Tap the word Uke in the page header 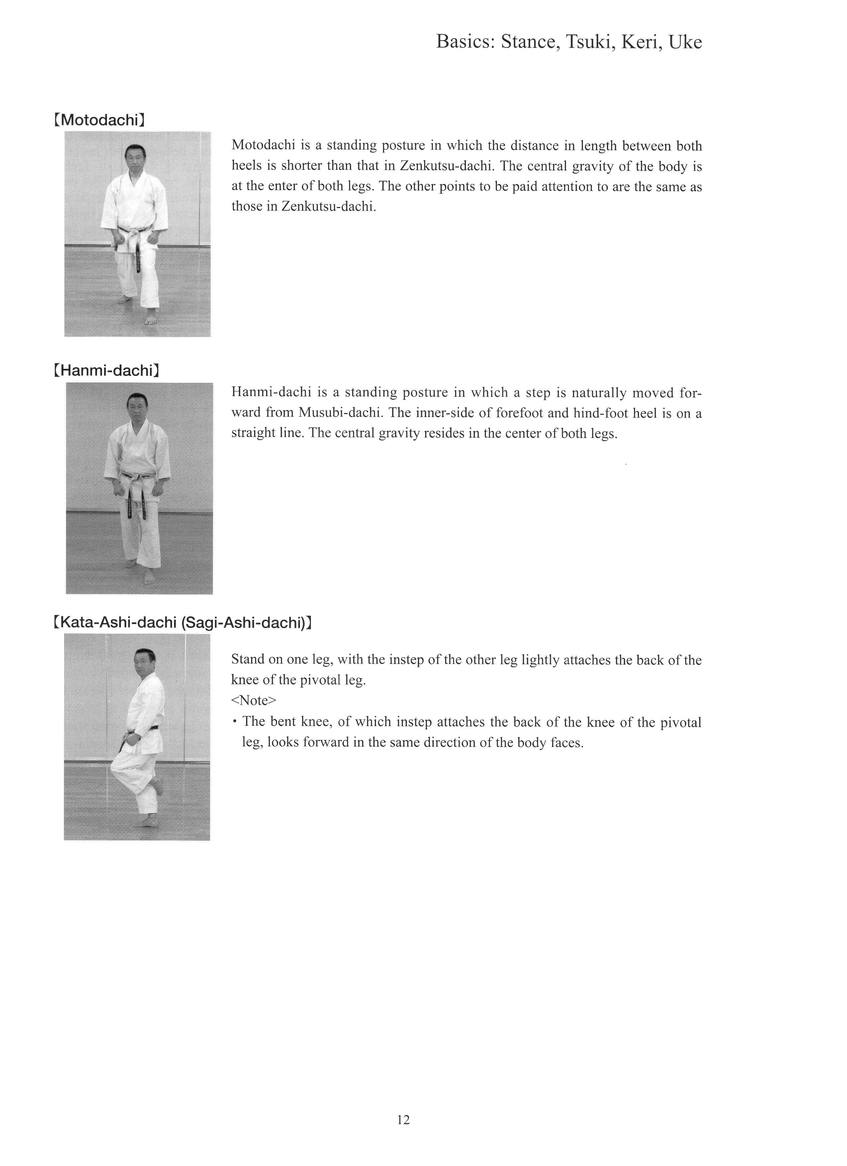(x=685, y=42)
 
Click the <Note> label (x=254, y=701)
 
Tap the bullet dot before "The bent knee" (x=235, y=722)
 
